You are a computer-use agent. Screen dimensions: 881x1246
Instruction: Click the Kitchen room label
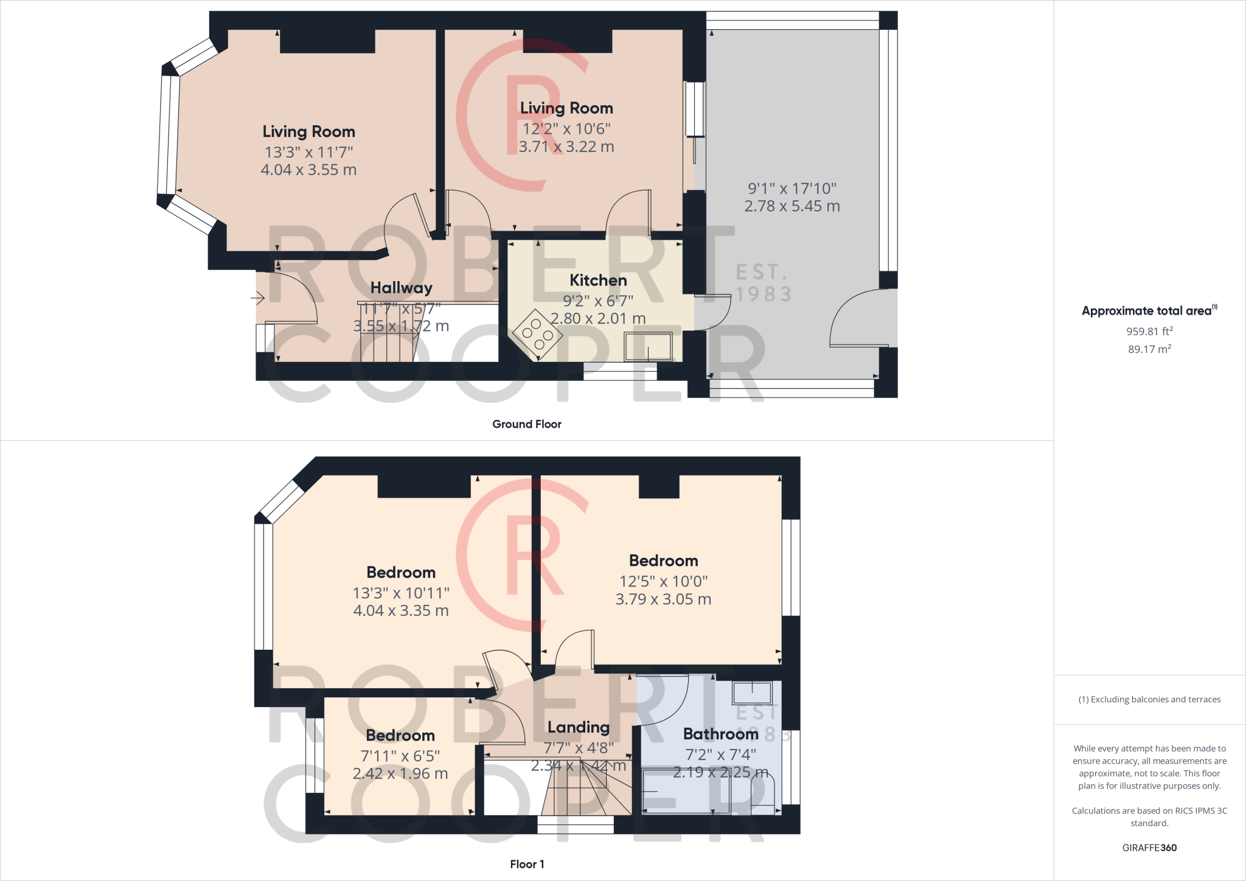[597, 280]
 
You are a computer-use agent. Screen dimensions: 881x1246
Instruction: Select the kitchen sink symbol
[649, 346]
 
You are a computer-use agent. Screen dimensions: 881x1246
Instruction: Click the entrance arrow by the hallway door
[258, 298]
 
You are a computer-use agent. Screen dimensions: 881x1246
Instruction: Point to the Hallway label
[401, 288]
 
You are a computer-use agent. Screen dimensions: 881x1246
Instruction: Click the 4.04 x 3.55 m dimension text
[308, 170]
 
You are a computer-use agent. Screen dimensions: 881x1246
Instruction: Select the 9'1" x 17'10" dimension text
[792, 189]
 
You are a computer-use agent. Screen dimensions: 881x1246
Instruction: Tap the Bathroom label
[720, 734]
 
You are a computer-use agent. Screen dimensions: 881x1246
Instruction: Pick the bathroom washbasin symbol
[753, 694]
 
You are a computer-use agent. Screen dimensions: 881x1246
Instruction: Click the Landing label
[578, 728]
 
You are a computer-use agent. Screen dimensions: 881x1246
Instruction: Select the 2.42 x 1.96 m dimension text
[400, 774]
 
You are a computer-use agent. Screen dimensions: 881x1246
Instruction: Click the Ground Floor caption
[527, 424]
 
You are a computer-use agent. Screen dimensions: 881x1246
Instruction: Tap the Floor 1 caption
[527, 864]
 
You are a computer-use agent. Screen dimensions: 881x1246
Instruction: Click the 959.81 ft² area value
[1149, 332]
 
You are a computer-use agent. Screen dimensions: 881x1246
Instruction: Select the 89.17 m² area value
[1149, 349]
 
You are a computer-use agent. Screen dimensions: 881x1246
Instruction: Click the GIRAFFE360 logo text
[1149, 848]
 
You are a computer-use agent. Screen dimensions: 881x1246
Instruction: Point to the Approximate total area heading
[1147, 311]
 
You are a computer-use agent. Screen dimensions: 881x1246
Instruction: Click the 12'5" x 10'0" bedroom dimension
[663, 582]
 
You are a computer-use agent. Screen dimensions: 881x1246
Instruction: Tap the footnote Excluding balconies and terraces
[1149, 700]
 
